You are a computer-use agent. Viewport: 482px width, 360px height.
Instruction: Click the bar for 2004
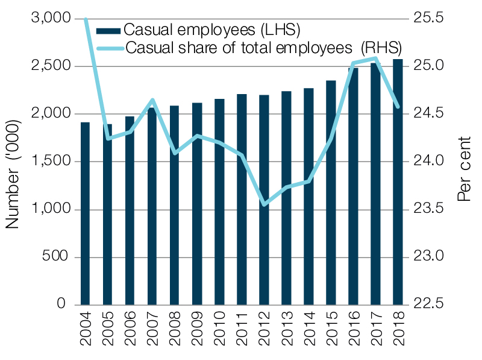pos(86,213)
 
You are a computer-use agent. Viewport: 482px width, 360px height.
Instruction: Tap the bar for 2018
pos(398,182)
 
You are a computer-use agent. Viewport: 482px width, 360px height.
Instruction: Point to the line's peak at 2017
pos(375,58)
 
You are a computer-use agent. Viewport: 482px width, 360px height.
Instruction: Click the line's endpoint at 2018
pos(398,107)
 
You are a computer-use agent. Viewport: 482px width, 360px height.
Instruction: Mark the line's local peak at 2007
pos(153,99)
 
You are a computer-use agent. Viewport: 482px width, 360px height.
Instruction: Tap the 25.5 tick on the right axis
pos(429,19)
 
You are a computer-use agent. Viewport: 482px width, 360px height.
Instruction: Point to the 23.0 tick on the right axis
pos(429,257)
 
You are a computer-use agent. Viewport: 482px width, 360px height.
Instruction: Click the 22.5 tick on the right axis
pos(429,305)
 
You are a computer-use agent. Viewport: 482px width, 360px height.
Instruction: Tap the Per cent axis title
pos(465,174)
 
